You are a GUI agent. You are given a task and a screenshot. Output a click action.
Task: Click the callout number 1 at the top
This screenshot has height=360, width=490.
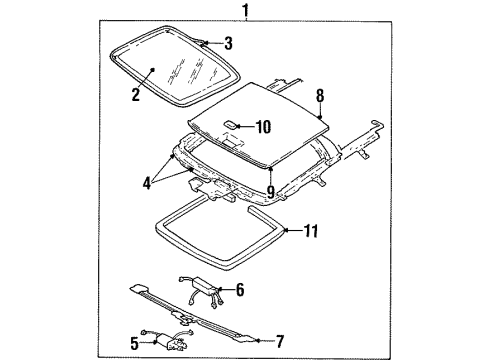point(243,11)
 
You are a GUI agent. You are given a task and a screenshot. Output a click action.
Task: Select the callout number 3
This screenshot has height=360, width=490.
point(228,43)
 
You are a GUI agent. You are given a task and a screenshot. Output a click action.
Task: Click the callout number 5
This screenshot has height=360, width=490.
point(132,343)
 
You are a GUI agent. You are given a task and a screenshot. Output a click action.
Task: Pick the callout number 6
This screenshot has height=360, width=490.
point(238,290)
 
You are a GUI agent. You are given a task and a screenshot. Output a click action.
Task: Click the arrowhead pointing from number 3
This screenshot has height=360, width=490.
point(208,43)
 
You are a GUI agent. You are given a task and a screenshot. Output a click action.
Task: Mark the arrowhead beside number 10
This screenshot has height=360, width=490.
point(243,125)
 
